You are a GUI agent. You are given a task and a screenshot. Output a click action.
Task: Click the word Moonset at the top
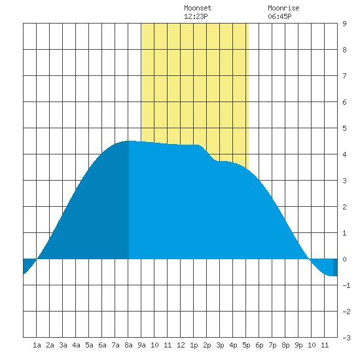coord(198,8)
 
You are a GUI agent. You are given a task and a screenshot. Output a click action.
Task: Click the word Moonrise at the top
coord(283,8)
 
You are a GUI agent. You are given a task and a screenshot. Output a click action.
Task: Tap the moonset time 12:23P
coord(196,16)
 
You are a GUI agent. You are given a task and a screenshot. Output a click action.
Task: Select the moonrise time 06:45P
coord(279,16)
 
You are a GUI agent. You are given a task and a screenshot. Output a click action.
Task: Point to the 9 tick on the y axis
coord(344,24)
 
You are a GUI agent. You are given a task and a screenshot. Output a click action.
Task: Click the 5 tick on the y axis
coord(344,128)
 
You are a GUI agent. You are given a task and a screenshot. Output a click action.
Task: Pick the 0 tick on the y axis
coord(344,259)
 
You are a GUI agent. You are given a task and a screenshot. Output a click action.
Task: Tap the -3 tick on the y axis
coord(346,338)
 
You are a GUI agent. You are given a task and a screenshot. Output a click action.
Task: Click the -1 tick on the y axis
coord(346,285)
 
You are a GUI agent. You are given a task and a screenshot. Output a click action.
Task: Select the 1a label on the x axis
coord(37,345)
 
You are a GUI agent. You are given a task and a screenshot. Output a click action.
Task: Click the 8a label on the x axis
coord(128,345)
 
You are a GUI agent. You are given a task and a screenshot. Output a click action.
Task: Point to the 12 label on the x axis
coord(181,345)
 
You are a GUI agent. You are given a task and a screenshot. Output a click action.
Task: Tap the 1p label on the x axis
coord(194,345)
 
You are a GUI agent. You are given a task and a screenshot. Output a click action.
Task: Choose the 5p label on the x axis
coord(246,345)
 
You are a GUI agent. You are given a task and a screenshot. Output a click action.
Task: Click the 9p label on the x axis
coord(298,345)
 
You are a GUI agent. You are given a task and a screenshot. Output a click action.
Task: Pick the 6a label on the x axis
coord(102,345)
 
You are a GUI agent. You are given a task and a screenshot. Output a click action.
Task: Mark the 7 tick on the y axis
coord(344,76)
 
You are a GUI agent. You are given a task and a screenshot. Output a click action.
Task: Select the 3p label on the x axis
coord(220,345)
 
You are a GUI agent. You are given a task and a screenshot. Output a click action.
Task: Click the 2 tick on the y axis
coord(344,207)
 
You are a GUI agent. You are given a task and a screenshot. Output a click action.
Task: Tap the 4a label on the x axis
coord(76,345)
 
